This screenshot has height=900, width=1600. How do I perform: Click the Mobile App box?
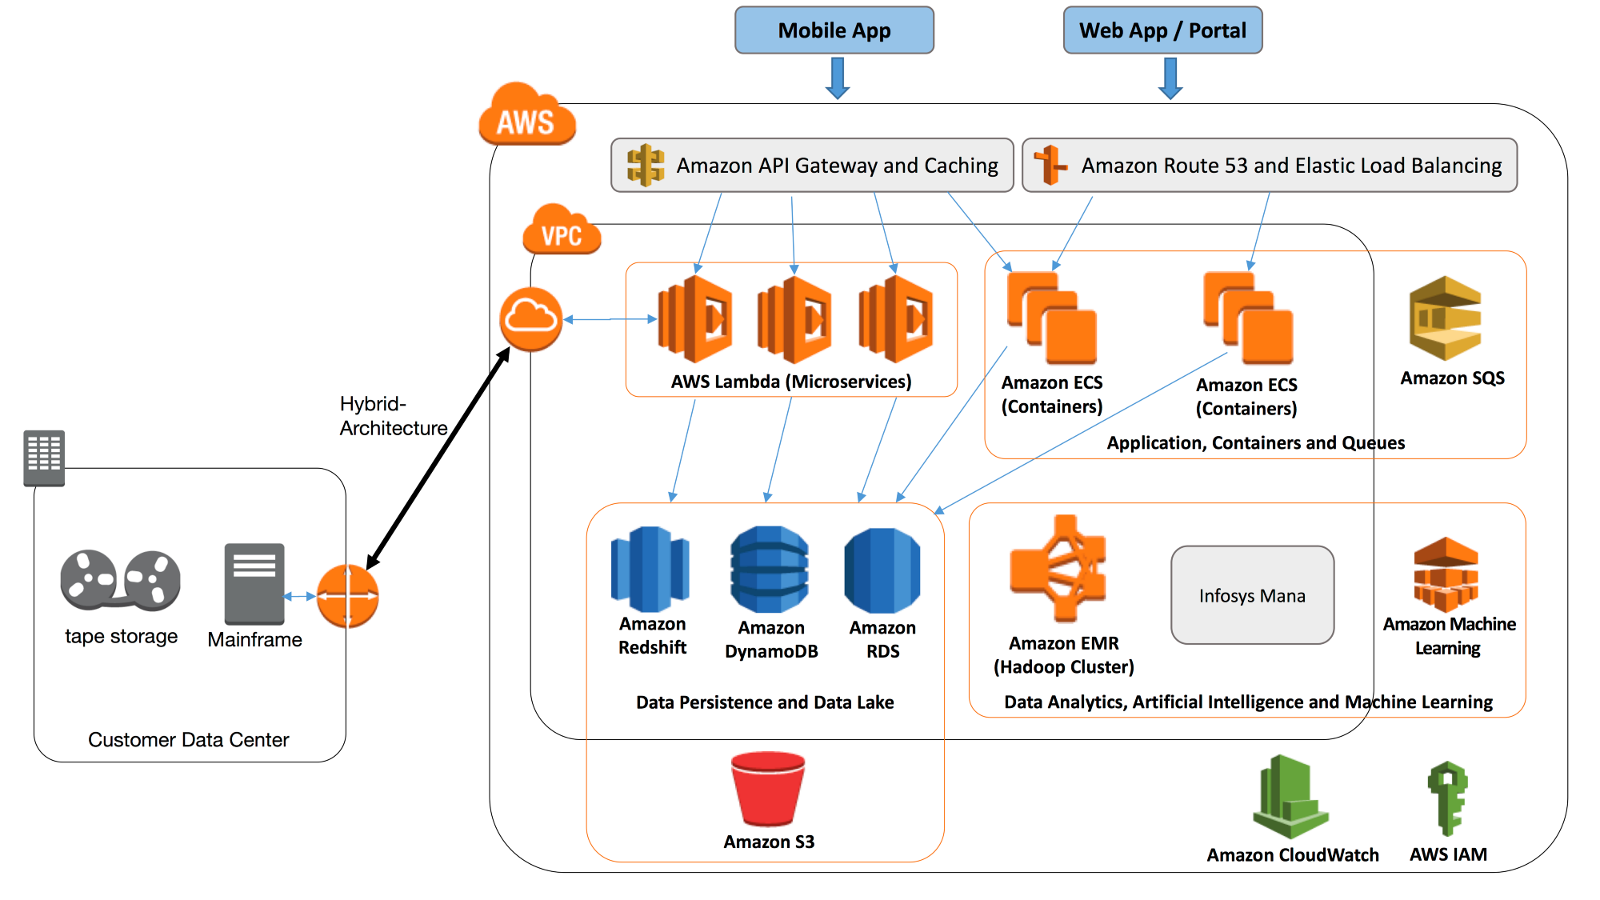[x=834, y=30]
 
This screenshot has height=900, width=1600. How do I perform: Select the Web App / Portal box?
[x=1162, y=30]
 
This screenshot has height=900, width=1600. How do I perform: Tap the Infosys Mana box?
[x=1252, y=595]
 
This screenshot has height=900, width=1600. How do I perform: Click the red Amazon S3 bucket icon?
[x=768, y=789]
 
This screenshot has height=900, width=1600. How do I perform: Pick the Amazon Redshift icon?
[x=650, y=569]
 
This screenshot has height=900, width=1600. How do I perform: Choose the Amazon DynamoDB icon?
[x=770, y=569]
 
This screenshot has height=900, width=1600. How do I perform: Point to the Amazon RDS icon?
[x=882, y=570]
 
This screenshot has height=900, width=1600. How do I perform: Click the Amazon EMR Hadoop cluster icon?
[x=1058, y=569]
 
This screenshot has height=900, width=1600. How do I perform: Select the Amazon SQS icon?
[x=1446, y=318]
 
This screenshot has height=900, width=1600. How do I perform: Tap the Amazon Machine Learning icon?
[x=1446, y=574]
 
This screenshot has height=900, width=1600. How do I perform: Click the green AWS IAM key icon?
[x=1448, y=798]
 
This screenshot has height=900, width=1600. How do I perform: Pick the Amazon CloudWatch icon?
[x=1290, y=797]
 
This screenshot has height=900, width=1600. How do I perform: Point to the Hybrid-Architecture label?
[x=392, y=416]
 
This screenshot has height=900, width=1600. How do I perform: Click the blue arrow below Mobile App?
[x=838, y=78]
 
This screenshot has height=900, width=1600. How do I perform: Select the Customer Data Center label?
[x=188, y=739]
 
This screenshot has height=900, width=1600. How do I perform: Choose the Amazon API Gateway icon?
[x=645, y=166]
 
